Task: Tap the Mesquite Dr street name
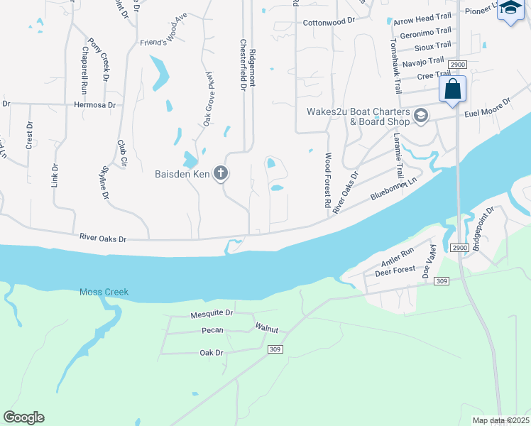[212, 313]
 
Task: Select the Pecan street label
[212, 331]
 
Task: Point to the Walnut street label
[267, 328]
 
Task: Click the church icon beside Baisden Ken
[221, 173]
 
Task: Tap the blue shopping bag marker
[452, 90]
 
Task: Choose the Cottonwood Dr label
[329, 22]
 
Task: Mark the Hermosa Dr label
[94, 104]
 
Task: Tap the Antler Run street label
[398, 262]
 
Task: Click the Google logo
[23, 417]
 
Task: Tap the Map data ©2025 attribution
[500, 420]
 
